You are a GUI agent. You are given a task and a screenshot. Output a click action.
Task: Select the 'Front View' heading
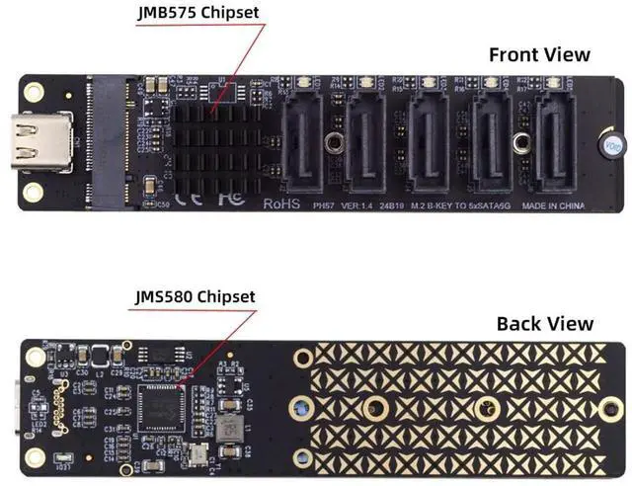coord(539,54)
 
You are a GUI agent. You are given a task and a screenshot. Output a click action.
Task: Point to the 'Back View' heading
coord(544,323)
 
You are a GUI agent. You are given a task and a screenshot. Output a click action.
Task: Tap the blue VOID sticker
coord(611,144)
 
